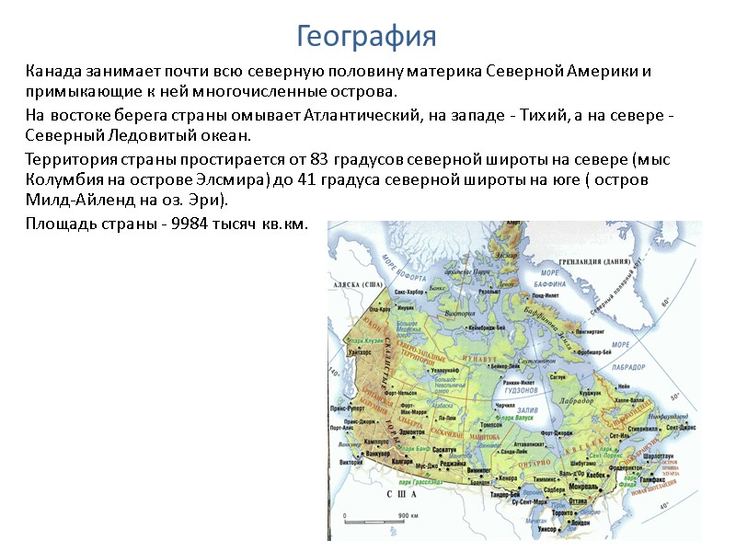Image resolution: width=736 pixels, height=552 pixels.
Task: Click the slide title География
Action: click(366, 37)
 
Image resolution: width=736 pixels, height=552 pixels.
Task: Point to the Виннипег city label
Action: click(480, 469)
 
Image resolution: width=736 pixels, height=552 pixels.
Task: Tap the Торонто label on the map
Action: click(553, 510)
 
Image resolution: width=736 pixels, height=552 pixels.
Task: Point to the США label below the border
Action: click(400, 494)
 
